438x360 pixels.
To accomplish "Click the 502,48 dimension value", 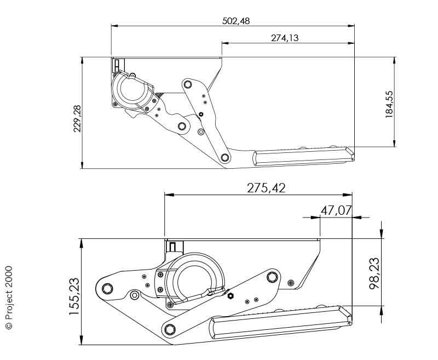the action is point(236,21).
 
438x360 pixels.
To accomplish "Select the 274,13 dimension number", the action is point(285,38).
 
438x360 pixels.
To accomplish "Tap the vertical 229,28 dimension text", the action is point(77,118).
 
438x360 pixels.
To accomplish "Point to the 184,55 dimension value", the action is point(389,104).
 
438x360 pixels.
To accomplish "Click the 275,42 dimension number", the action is point(266,188).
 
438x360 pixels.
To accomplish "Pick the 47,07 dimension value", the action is point(336,210).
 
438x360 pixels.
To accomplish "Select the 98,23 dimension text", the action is point(374,273).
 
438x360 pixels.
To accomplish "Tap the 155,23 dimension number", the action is point(74,296).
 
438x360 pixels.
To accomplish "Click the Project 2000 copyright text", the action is point(9,298).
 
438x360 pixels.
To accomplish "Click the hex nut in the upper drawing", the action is point(200,115).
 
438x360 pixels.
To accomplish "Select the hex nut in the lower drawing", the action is point(230,296).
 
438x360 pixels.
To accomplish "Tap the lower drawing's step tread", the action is point(281,322).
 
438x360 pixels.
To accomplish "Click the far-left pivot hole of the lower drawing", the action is point(107,288).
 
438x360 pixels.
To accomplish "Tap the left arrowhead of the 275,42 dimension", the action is point(169,195).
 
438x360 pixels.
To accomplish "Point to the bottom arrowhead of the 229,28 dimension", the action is point(82,164).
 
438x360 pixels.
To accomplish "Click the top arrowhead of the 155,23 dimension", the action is point(82,244).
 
